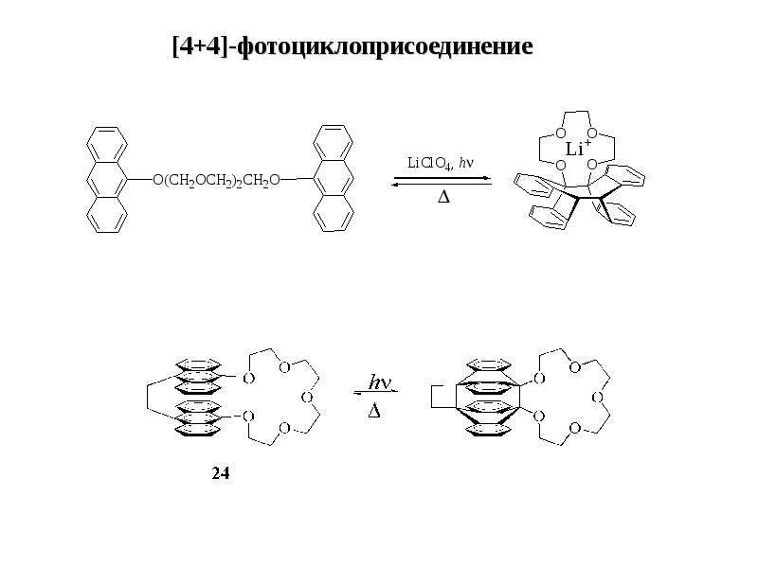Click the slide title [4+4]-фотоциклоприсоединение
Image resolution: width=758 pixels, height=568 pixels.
(352, 46)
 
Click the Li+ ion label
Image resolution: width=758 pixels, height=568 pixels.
(578, 149)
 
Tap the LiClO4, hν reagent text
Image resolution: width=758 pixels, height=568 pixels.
(441, 163)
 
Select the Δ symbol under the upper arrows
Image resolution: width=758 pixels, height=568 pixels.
(443, 197)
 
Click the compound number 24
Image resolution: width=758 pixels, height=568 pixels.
(221, 473)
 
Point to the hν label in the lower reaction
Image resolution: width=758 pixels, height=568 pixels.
(380, 382)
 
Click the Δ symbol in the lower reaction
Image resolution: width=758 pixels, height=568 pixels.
(374, 411)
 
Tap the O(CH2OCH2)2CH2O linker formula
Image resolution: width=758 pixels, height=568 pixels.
(216, 181)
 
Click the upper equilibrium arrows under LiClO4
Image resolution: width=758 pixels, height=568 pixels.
(442, 181)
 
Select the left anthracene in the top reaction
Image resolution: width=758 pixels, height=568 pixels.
(107, 180)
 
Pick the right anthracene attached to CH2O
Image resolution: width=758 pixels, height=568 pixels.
(334, 178)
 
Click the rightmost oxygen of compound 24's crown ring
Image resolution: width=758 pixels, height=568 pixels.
(306, 398)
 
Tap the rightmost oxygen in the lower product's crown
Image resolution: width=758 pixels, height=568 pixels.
(598, 398)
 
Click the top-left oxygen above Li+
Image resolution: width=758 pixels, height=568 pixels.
(561, 133)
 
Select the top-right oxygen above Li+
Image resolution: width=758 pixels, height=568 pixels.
(593, 133)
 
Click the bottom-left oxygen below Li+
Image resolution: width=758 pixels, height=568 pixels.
(561, 166)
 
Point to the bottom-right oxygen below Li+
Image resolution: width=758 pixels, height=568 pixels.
(591, 166)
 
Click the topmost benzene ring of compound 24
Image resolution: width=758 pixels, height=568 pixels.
(198, 364)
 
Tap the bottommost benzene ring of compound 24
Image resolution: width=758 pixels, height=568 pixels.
(198, 431)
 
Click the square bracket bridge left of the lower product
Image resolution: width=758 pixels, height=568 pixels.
(432, 397)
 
